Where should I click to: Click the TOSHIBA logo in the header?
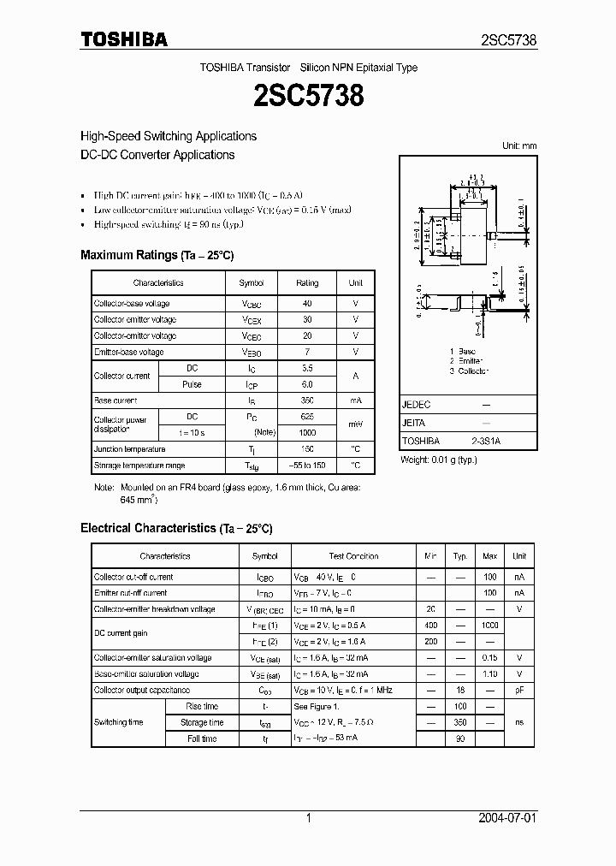pos(124,39)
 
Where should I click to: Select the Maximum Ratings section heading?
pos(157,255)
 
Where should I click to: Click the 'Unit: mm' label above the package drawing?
pos(518,146)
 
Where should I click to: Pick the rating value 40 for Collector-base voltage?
pos(307,304)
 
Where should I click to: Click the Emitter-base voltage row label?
pos(129,352)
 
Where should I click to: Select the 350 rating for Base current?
pos(307,400)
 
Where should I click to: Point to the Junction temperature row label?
pos(130,449)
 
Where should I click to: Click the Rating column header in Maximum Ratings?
pos(307,283)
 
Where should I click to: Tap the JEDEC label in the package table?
pos(417,405)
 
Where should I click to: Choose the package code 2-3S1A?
pos(486,441)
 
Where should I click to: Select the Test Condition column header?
pos(353,556)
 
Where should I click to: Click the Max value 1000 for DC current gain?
pos(489,626)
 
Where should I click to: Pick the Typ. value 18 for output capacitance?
pos(460,690)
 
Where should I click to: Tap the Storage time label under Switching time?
pos(202,722)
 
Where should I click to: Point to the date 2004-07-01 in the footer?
pos(509,818)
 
